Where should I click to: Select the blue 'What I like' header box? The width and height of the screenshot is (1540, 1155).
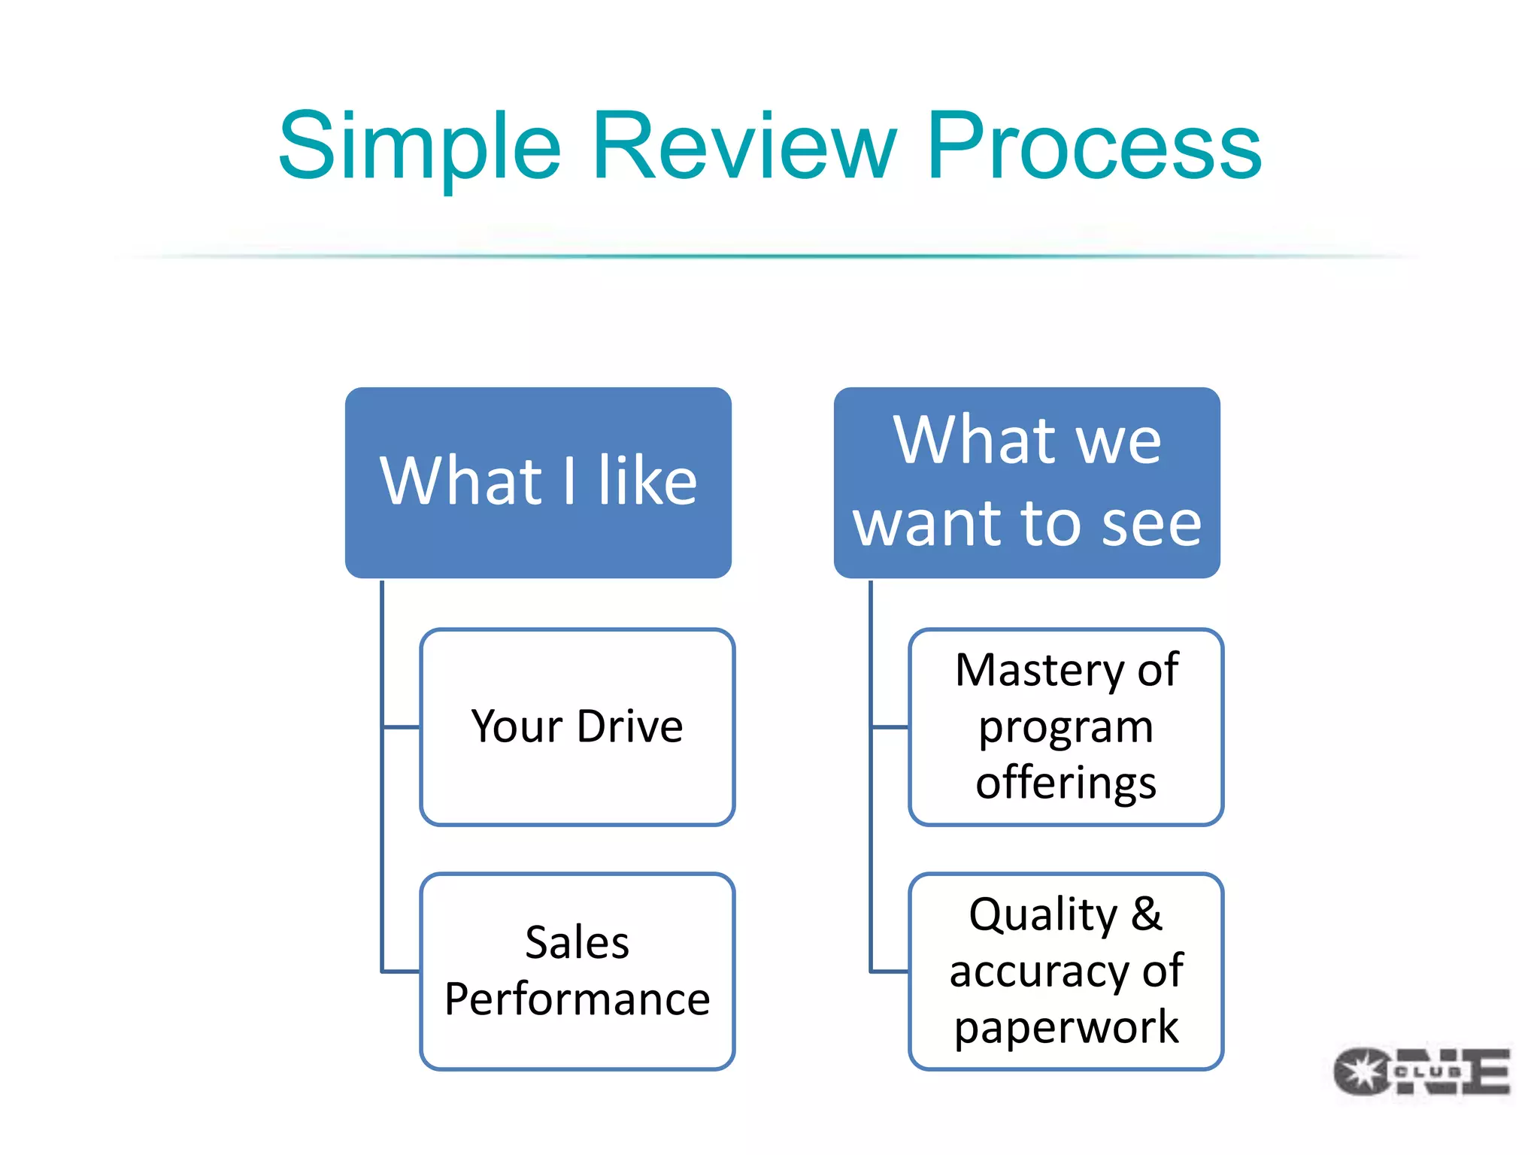538,483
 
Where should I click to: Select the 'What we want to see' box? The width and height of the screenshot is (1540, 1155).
1026,483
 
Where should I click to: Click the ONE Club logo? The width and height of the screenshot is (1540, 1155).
1421,1072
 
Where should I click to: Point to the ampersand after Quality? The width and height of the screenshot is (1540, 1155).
1146,914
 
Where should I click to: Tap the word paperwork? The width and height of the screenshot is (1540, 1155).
1066,1028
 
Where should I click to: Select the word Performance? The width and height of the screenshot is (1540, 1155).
577,999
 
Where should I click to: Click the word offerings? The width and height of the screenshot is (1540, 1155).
1066,783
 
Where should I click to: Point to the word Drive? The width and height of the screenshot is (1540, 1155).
630,726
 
